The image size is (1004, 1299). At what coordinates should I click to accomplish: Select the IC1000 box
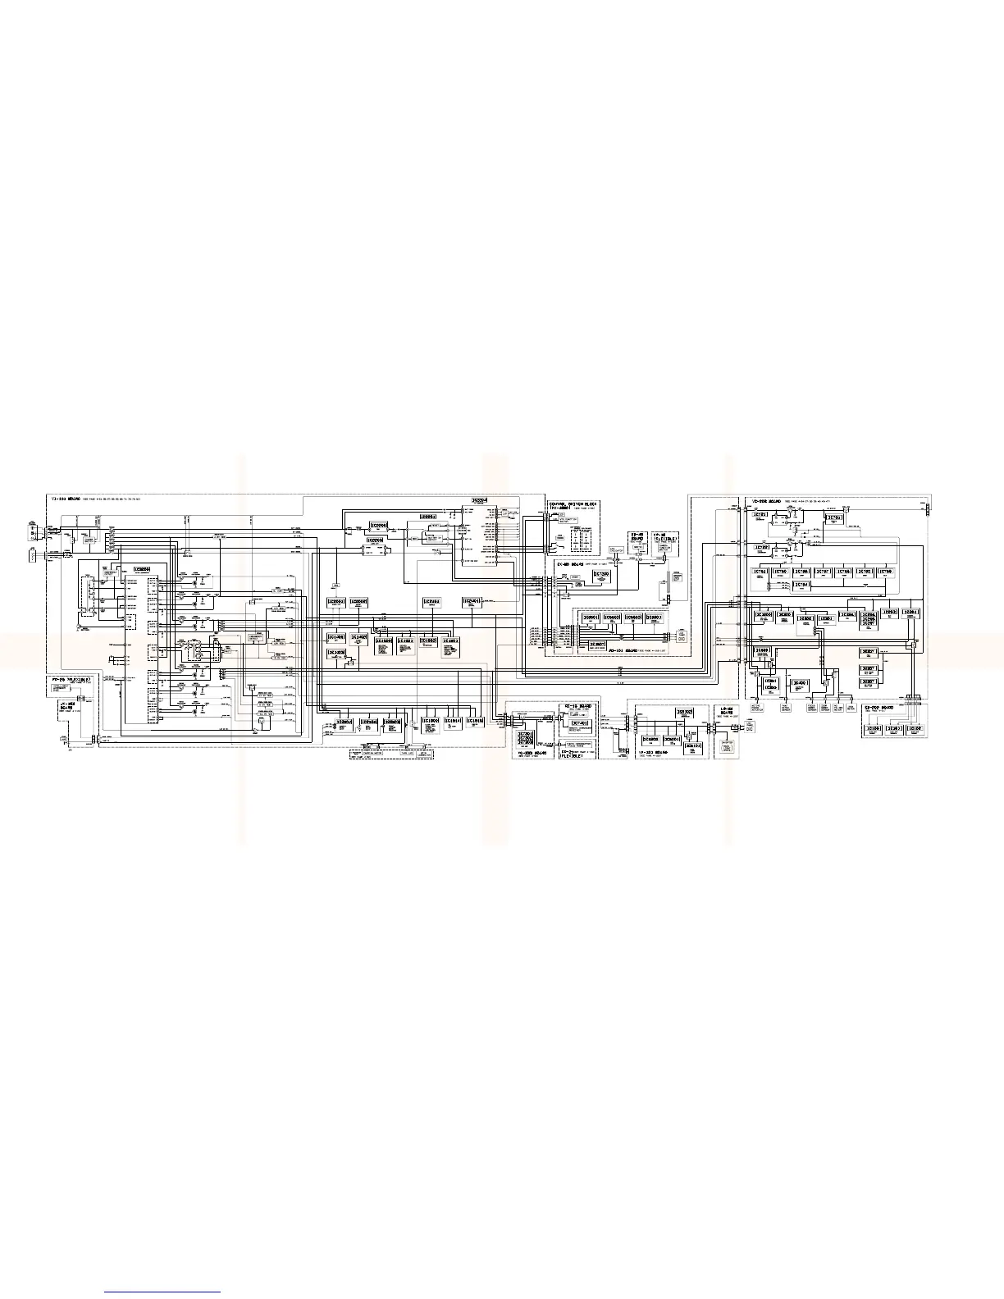pyautogui.click(x=431, y=721)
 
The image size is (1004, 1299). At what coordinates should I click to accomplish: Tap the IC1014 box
pyautogui.click(x=453, y=721)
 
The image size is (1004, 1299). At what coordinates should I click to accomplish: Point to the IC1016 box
pyautogui.click(x=475, y=721)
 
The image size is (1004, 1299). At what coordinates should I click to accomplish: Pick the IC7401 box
pyautogui.click(x=578, y=723)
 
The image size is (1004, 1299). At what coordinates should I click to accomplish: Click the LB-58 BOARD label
pyautogui.click(x=725, y=709)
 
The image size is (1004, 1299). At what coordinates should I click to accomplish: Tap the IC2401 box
pyautogui.click(x=472, y=602)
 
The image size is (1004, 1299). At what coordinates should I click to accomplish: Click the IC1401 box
pyautogui.click(x=335, y=636)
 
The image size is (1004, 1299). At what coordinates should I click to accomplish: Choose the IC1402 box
pyautogui.click(x=358, y=636)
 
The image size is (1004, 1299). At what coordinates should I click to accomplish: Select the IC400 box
pyautogui.click(x=800, y=682)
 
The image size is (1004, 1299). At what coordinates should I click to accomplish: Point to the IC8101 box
pyautogui.click(x=693, y=746)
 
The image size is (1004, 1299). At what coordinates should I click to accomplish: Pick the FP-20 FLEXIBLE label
pyautogui.click(x=71, y=680)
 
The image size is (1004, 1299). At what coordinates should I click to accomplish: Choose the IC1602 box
pyautogui.click(x=428, y=640)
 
